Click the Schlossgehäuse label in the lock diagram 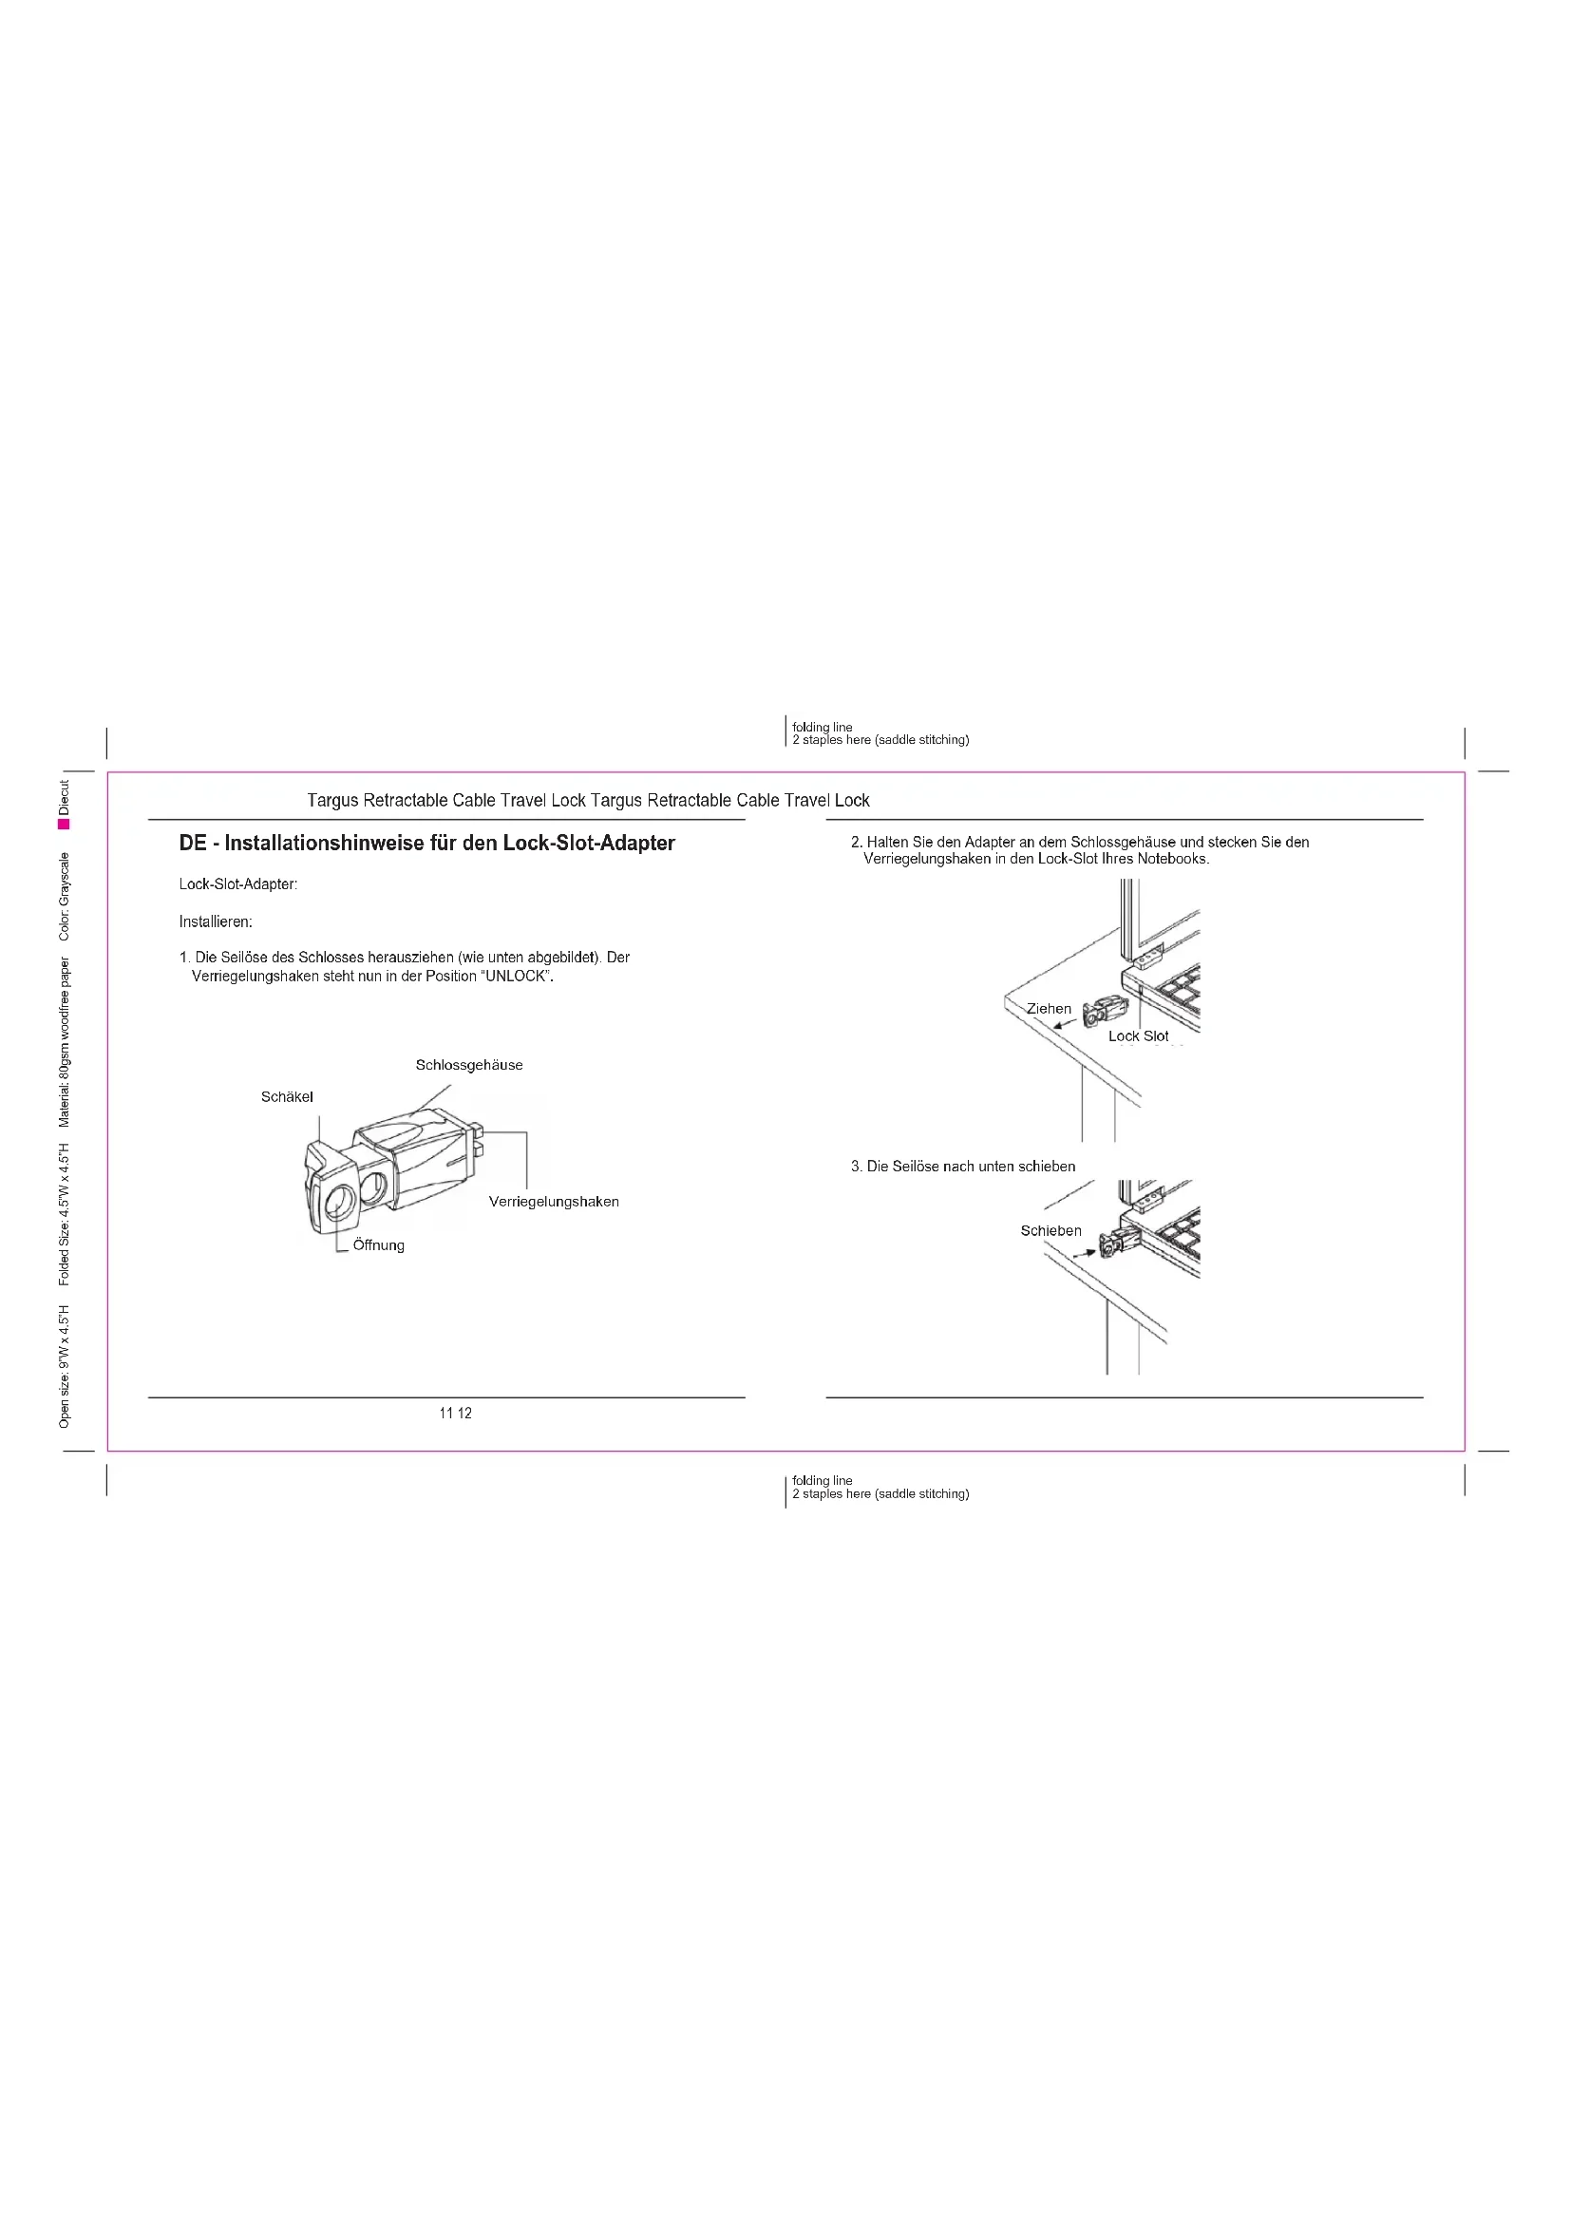(x=469, y=1066)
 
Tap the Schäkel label (x=287, y=1097)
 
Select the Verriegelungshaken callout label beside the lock (x=554, y=1202)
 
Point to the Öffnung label (x=378, y=1245)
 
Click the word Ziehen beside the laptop (x=1049, y=1009)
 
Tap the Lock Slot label (x=1138, y=1036)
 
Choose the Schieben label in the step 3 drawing (x=1050, y=1231)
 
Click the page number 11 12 (x=456, y=1413)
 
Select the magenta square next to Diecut (x=64, y=824)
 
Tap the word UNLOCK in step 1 (x=517, y=977)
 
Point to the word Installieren (x=216, y=922)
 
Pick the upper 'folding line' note (x=823, y=727)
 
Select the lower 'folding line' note (x=823, y=1481)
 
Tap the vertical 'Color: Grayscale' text (x=65, y=896)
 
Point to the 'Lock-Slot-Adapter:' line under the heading (x=238, y=884)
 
